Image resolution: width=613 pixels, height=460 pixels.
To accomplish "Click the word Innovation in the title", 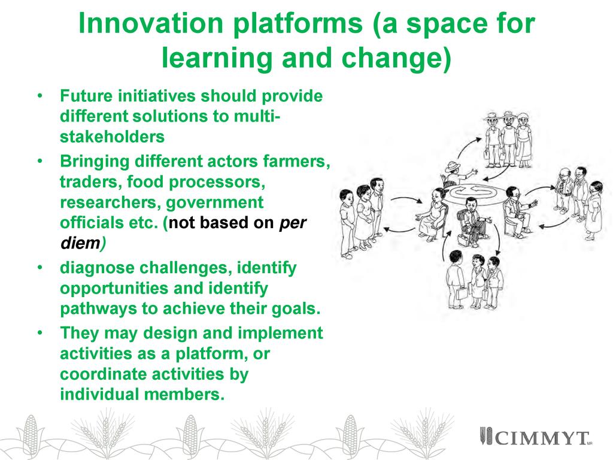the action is click(x=150, y=23).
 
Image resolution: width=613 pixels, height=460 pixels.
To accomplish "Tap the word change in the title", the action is click(x=396, y=57).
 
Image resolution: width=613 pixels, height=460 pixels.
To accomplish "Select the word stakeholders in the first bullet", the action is click(x=112, y=137).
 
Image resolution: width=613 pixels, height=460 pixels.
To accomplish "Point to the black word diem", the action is click(x=81, y=243).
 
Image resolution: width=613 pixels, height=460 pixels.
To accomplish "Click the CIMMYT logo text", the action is click(x=542, y=438).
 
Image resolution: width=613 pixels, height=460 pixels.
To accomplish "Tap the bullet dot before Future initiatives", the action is click(x=40, y=96).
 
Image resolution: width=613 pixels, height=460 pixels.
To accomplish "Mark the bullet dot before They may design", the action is click(x=40, y=333).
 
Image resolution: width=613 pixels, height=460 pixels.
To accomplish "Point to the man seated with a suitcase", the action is click(x=472, y=222).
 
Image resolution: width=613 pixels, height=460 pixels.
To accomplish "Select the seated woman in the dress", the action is click(x=432, y=214).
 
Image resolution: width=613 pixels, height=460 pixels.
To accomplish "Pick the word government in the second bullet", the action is click(x=215, y=203).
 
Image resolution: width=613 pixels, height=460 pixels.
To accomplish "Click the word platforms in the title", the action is click(x=298, y=24).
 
